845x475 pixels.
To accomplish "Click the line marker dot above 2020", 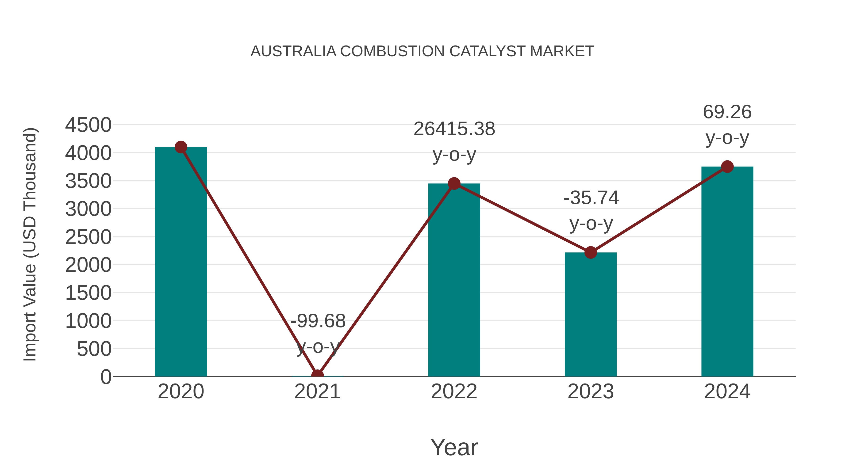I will [x=181, y=147].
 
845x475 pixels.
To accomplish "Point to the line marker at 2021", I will [x=317, y=375].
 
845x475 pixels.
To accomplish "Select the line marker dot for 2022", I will [x=454, y=184].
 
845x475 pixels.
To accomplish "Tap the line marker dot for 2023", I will [x=591, y=252].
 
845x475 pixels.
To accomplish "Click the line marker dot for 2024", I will [x=727, y=167].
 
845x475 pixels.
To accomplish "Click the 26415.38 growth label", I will [x=454, y=129].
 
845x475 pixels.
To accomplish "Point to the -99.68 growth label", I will [x=318, y=321].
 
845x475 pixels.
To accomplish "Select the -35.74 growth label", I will [x=591, y=198].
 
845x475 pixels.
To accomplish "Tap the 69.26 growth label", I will [x=727, y=112].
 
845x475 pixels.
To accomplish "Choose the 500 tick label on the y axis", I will [x=94, y=349].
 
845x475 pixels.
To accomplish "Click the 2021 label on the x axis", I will [x=317, y=391].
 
